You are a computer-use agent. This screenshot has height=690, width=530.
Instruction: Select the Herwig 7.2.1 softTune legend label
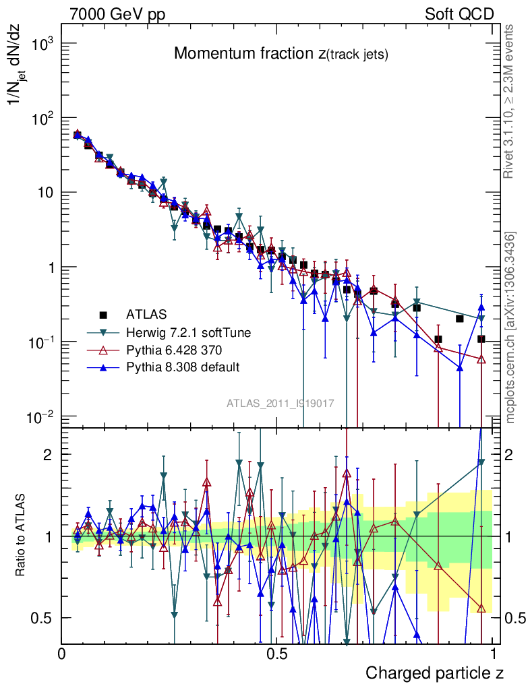[188, 332]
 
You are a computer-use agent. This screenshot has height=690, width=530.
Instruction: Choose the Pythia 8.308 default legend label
[183, 367]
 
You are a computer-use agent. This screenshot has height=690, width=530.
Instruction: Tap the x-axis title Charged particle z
[434, 673]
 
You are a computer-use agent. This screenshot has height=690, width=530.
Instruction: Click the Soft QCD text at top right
[459, 14]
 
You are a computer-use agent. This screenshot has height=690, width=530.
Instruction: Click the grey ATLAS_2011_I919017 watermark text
[281, 404]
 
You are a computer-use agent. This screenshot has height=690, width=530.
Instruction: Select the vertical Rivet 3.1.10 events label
[511, 101]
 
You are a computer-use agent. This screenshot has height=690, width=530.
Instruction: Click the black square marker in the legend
[103, 314]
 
